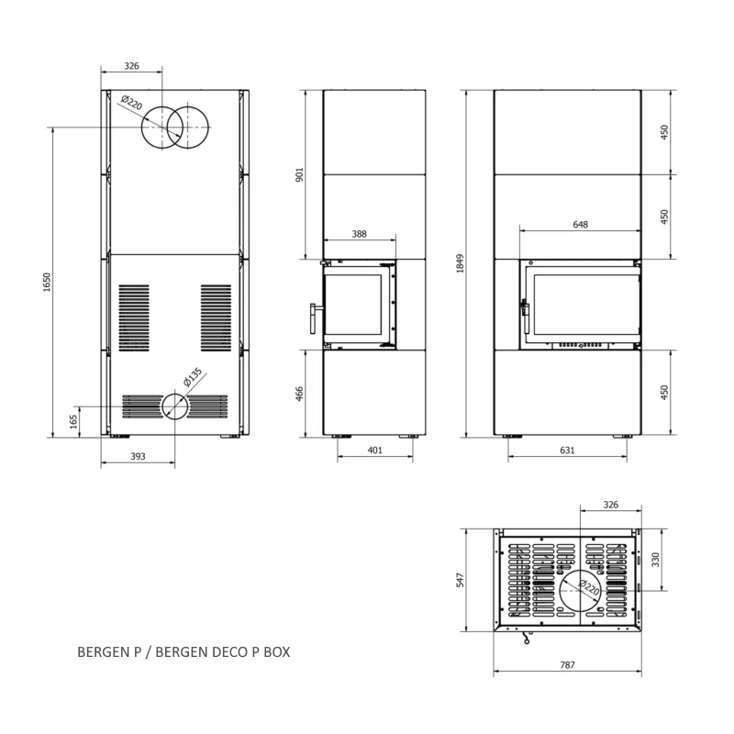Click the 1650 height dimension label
coord(47,283)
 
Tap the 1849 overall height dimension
coord(461,263)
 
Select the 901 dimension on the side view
coord(300,174)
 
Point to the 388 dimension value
coord(359,234)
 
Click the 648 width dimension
coord(581,225)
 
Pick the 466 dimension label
coord(300,394)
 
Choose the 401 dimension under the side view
coord(375,450)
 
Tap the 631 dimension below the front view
coord(567,450)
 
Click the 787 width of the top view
coord(567,664)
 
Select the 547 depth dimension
coord(461,580)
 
